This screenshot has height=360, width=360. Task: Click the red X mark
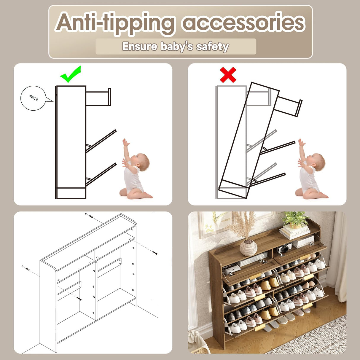pos(228,75)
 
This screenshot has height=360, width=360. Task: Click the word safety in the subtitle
pos(213,47)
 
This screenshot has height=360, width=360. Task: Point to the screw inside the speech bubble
pos(34,98)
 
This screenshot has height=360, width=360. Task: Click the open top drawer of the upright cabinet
pos(98,97)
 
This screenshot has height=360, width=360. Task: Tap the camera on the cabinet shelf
pos(284,248)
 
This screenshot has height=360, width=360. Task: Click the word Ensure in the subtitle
pos(140,46)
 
